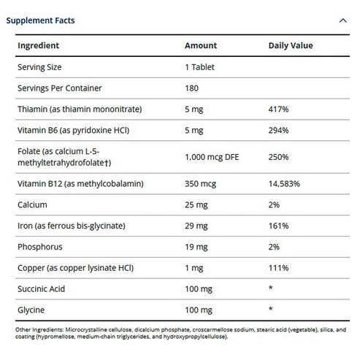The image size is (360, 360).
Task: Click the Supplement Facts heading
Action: click(x=40, y=20)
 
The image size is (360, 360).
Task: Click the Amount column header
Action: click(x=200, y=45)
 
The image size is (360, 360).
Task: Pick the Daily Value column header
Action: click(x=291, y=45)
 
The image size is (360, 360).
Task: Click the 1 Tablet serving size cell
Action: click(x=199, y=66)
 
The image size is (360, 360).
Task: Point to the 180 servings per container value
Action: click(x=192, y=88)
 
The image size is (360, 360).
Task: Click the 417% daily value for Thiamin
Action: click(x=279, y=109)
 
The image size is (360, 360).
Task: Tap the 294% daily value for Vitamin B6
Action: click(x=279, y=130)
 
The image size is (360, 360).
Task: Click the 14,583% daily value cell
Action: click(x=284, y=184)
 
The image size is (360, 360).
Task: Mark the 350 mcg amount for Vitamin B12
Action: click(x=199, y=184)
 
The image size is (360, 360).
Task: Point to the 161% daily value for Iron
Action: click(x=279, y=226)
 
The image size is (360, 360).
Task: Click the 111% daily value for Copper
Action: click(x=279, y=269)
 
